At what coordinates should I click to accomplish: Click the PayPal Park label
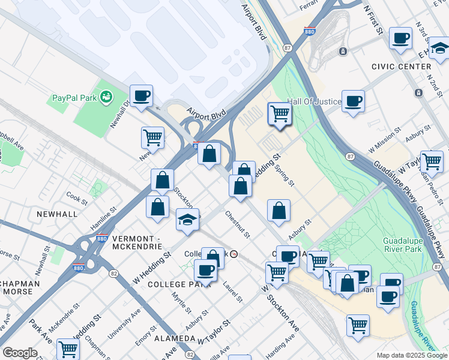point(74,97)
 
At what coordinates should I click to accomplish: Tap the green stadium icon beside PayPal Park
point(107,97)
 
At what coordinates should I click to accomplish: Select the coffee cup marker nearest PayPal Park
point(141,96)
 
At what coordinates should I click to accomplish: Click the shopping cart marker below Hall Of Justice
point(280,113)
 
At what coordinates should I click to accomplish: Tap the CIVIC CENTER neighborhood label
point(401,67)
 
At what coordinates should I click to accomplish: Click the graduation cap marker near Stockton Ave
point(188,220)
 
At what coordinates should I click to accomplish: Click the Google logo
point(20,353)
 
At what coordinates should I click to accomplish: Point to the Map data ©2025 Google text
point(412,355)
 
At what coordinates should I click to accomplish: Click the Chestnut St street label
point(238,222)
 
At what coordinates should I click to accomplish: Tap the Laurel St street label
point(232,292)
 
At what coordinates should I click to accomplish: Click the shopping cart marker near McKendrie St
point(68,349)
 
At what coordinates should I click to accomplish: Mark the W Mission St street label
point(385,139)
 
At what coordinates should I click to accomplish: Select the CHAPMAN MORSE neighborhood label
point(20,288)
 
